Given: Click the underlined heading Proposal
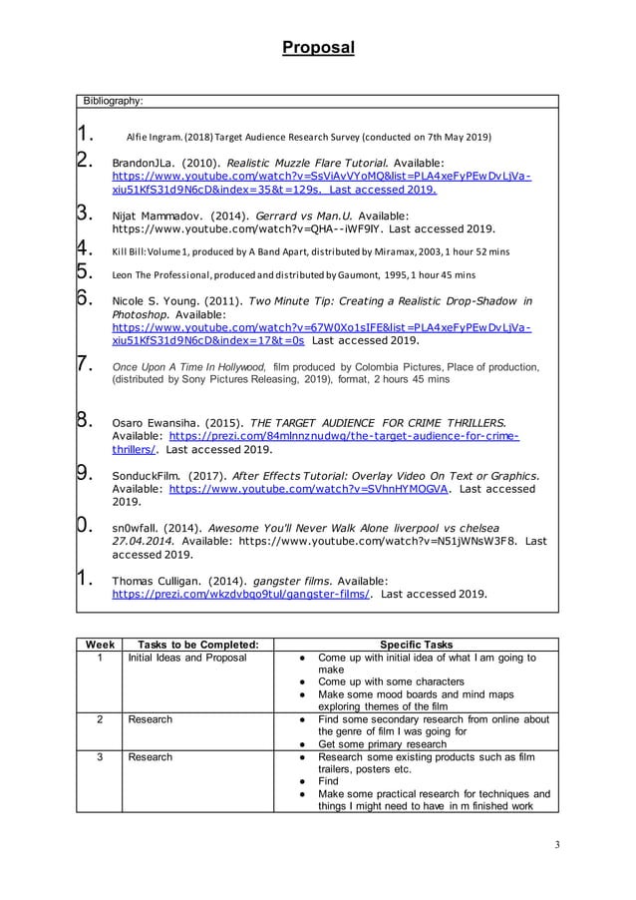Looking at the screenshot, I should [317, 47].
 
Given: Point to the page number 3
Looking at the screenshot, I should [557, 845].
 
